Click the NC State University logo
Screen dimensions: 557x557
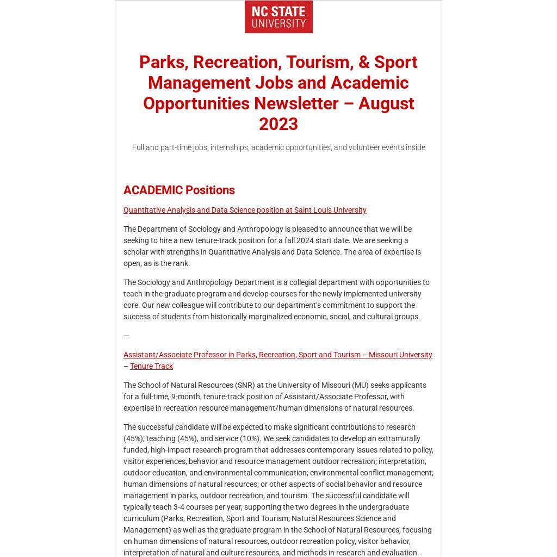(x=278, y=17)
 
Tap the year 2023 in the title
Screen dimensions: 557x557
(x=278, y=124)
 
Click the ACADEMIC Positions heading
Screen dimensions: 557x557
(x=179, y=190)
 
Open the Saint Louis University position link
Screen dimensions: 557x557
(x=245, y=210)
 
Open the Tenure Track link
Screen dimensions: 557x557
(x=151, y=366)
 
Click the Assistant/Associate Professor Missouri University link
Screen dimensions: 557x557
(x=277, y=355)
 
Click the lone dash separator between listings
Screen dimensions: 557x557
(x=126, y=336)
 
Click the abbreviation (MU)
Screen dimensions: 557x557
(x=360, y=385)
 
